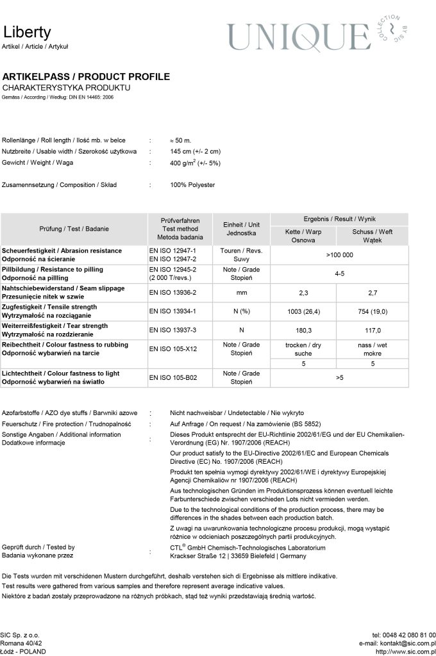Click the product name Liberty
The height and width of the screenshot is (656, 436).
click(26, 33)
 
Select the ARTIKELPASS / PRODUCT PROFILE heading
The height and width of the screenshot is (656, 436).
click(86, 77)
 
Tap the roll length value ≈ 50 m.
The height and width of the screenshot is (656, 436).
click(181, 140)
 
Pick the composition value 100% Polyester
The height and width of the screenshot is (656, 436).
click(192, 185)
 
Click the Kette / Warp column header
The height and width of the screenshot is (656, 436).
click(303, 236)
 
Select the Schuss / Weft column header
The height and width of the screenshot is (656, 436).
click(372, 236)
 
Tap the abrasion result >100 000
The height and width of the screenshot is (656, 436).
click(339, 255)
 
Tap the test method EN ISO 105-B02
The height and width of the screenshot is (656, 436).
click(172, 378)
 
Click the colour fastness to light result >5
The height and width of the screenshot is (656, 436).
click(339, 378)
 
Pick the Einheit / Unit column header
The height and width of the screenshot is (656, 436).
click(241, 229)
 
